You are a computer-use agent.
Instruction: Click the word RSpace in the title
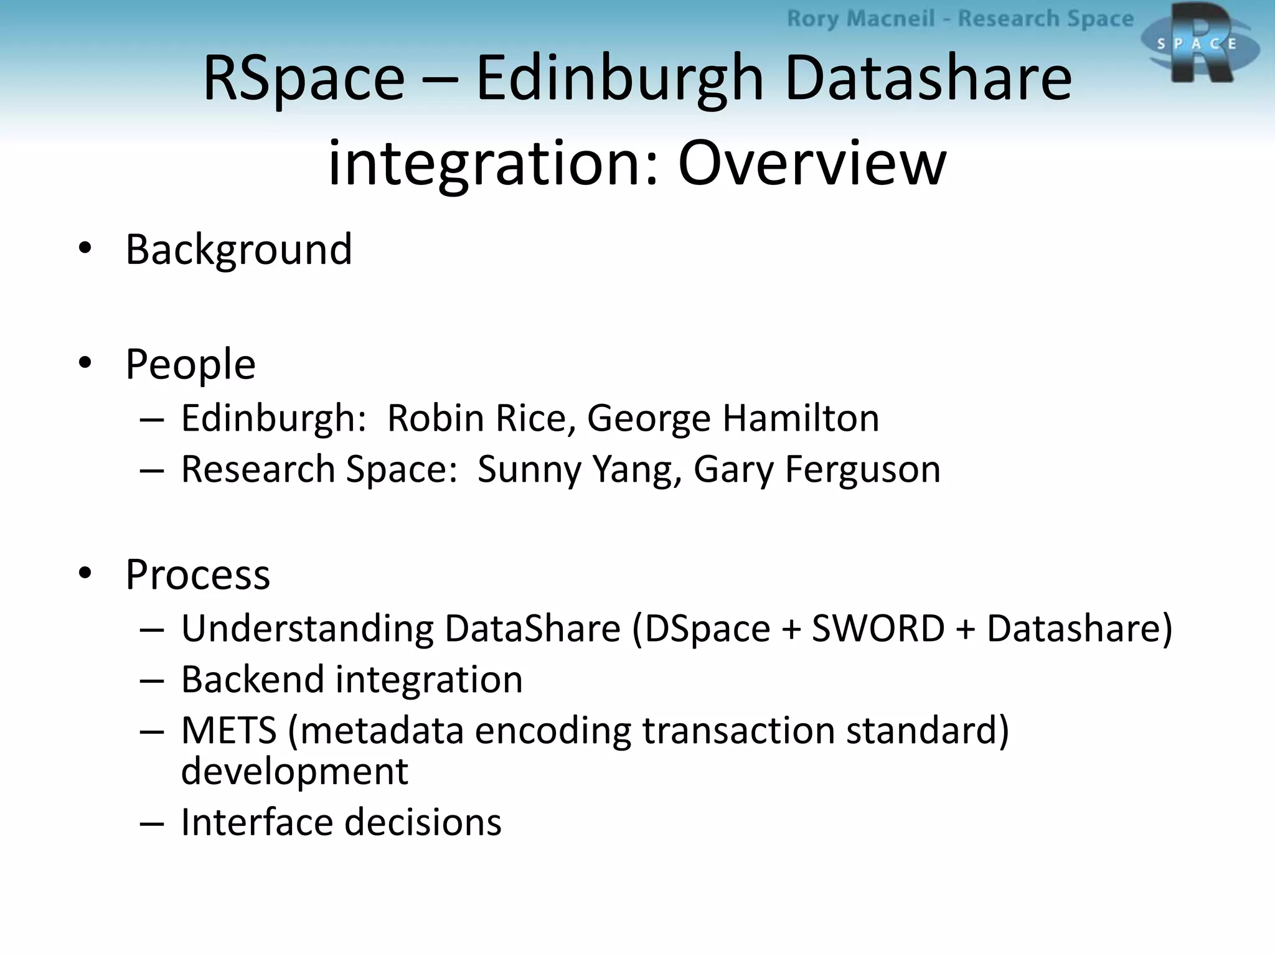304,78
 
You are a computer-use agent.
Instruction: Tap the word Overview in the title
812,163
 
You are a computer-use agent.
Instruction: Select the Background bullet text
239,250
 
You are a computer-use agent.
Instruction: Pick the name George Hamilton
733,418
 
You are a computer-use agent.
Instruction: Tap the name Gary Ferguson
817,469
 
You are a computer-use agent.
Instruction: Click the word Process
198,574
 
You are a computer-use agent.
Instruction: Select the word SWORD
878,628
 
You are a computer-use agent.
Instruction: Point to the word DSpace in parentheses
707,629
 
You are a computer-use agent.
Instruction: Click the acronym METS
228,730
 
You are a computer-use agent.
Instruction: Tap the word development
294,772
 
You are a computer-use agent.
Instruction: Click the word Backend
253,679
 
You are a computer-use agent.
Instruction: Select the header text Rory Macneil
860,19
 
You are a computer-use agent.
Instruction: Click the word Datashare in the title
928,78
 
